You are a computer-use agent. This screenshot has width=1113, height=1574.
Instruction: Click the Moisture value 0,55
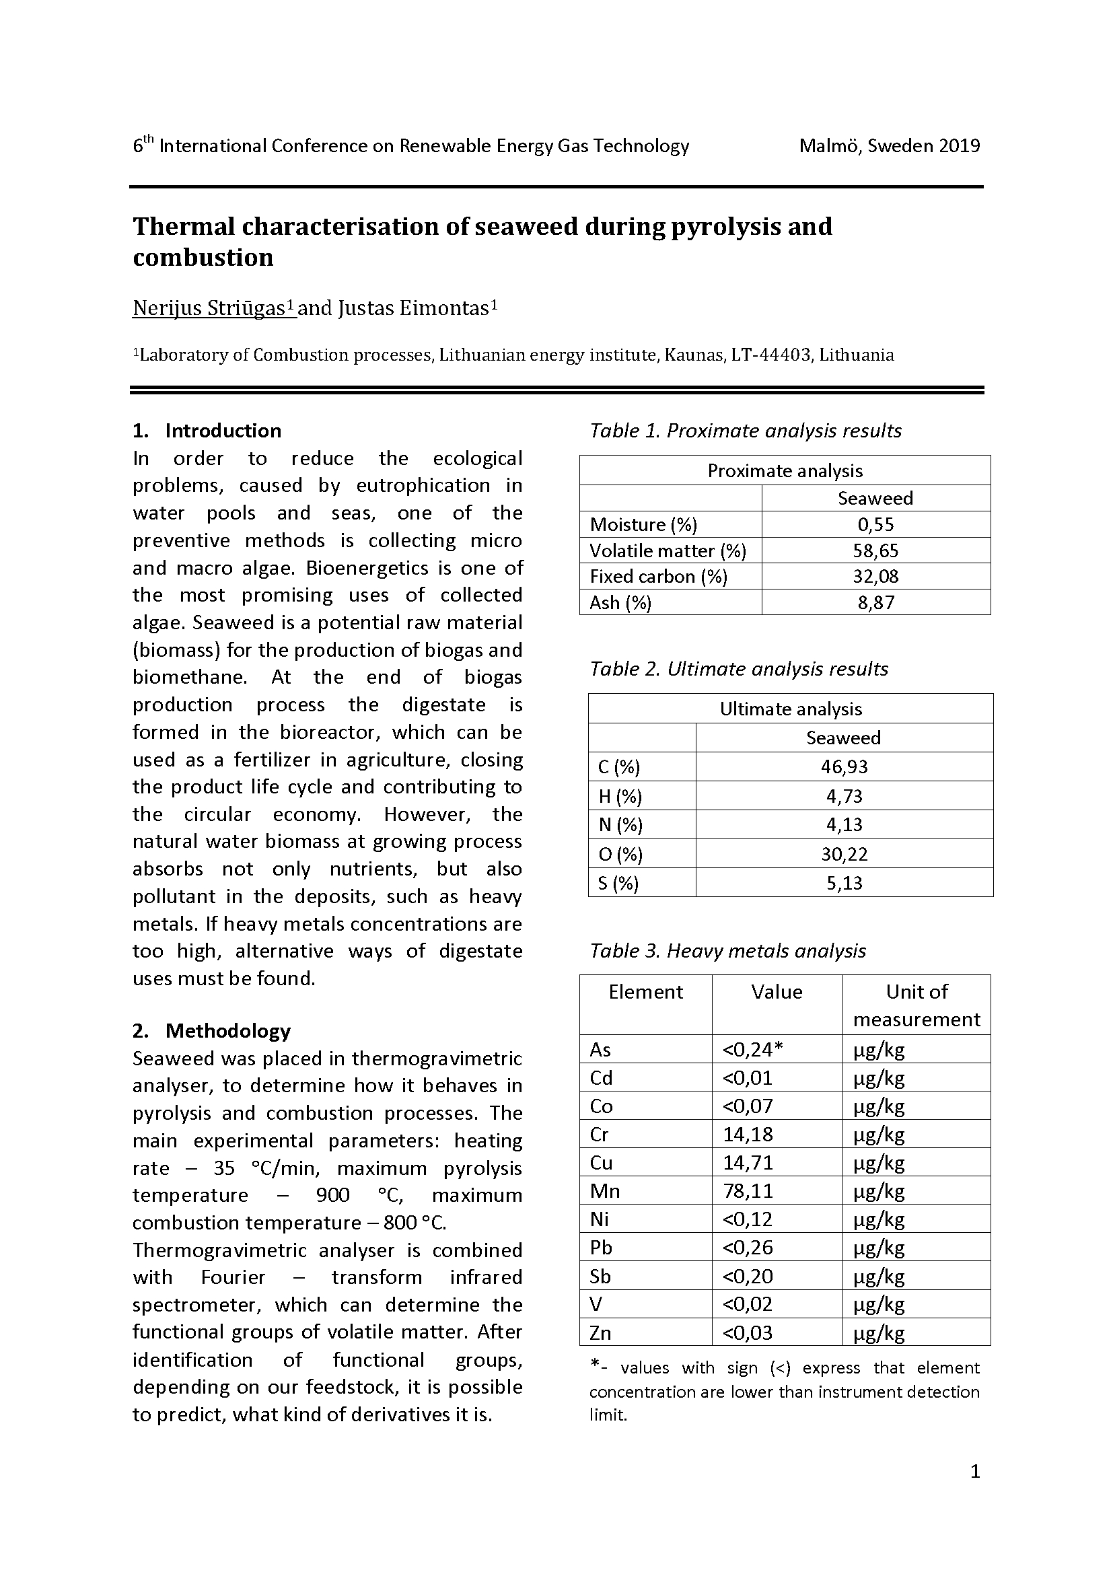875,524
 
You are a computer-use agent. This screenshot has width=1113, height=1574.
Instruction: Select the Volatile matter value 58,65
875,550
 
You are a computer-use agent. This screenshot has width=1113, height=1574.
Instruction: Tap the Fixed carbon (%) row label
658,577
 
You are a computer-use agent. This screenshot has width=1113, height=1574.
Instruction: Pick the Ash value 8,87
875,602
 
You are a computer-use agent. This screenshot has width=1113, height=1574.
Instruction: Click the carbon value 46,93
844,766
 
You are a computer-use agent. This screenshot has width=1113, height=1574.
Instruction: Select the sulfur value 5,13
844,883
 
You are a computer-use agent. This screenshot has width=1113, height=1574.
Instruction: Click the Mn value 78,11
748,1191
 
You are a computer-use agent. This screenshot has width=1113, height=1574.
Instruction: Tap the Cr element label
599,1135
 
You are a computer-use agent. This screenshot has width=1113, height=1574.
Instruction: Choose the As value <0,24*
752,1050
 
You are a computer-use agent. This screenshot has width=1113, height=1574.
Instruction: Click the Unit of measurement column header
917,1005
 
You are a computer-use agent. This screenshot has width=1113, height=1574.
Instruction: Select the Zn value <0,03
747,1332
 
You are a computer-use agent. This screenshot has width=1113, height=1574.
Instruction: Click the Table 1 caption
745,431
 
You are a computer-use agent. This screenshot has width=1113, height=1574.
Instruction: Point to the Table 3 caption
727,951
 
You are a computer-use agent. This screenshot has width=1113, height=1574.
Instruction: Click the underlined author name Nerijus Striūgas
213,308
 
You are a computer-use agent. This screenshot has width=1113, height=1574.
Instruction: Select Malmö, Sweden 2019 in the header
889,146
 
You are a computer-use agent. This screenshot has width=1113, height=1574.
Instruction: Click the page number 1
975,1471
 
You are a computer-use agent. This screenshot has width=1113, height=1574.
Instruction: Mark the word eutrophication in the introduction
423,485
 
